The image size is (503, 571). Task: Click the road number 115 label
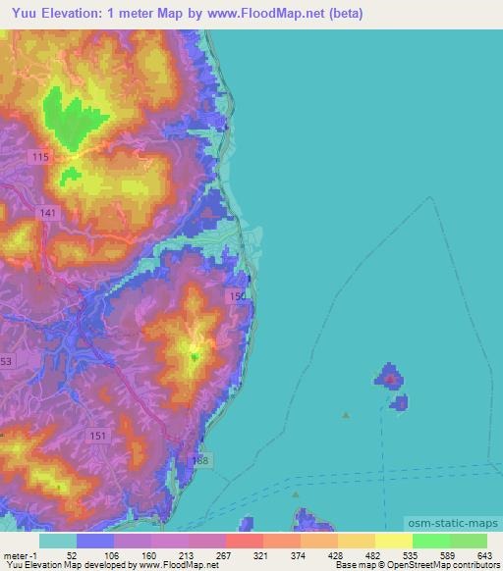(68, 156)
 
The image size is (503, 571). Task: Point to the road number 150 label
(236, 295)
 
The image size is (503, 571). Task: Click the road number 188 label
(200, 461)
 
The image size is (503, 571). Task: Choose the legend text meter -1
(19, 555)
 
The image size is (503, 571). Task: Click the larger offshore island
(388, 376)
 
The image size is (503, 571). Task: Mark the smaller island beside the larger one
(400, 401)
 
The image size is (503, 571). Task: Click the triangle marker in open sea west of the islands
(346, 415)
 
